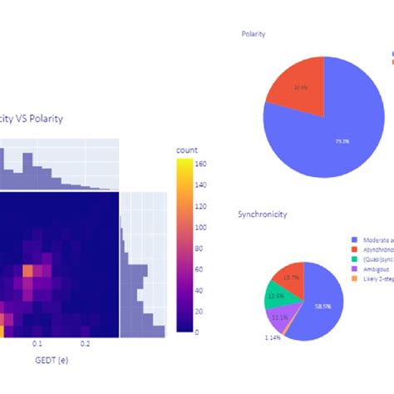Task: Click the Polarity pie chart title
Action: click(x=254, y=35)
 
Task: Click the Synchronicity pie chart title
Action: click(x=262, y=214)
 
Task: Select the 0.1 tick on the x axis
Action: click(x=37, y=342)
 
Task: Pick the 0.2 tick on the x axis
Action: click(x=85, y=342)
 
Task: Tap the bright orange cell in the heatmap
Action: click(x=27, y=270)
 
